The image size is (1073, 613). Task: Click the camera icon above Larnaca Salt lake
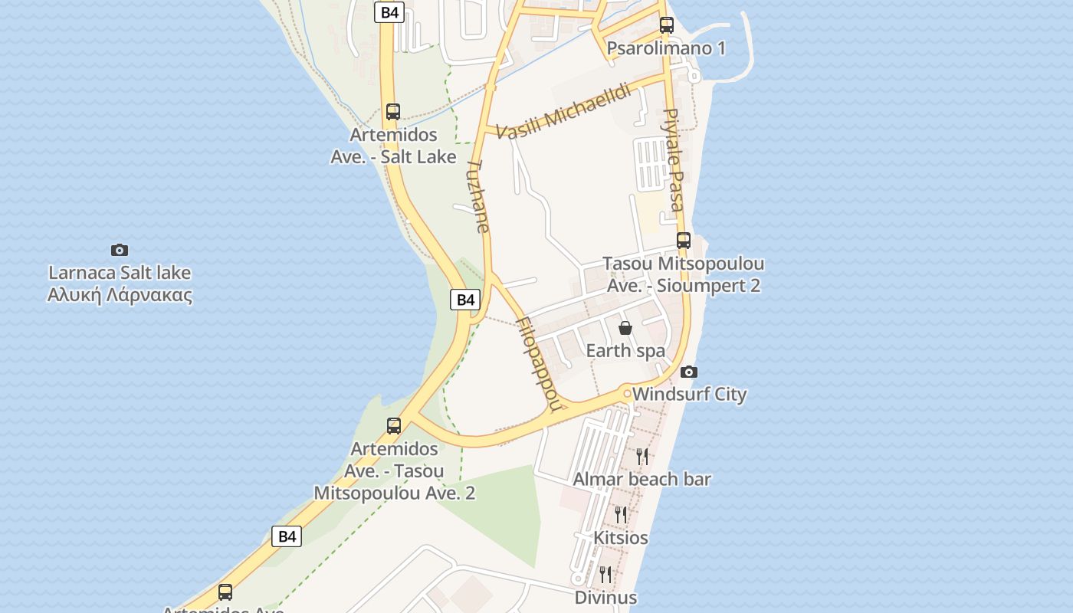[120, 250]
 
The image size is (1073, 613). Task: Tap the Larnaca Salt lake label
[120, 273]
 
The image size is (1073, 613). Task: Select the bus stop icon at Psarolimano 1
[667, 25]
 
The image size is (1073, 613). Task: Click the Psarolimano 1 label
[666, 48]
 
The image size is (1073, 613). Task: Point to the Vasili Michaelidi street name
[564, 112]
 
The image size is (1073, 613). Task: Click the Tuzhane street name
[478, 196]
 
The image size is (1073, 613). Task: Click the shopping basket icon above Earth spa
[625, 328]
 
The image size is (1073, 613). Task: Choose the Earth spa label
[625, 351]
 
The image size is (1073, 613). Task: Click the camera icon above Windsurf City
[689, 372]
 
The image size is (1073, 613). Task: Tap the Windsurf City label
[690, 395]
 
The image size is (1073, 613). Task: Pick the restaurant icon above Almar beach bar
[642, 457]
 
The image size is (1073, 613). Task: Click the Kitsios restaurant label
[621, 538]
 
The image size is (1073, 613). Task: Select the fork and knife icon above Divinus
[605, 574]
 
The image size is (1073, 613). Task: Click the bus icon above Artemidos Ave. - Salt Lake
[393, 112]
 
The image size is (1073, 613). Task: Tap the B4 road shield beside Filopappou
[465, 300]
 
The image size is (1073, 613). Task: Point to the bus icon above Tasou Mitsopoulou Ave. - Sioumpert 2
[684, 241]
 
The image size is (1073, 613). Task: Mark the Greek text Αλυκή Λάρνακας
[120, 295]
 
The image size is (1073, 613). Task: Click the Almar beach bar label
[642, 480]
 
